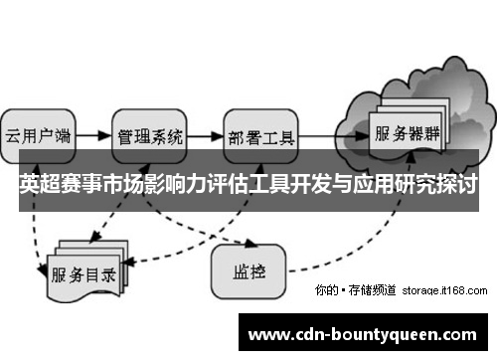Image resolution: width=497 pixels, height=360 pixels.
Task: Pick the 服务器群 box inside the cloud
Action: point(407,131)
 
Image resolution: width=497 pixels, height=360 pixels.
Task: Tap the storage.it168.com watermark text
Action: point(444,290)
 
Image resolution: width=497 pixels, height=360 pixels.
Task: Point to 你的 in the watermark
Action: point(324,290)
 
